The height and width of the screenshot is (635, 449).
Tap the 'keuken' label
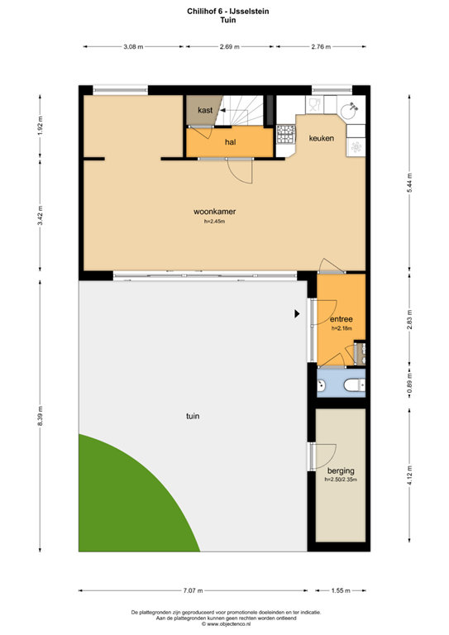(x=322, y=139)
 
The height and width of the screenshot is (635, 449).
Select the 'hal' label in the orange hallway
(x=231, y=141)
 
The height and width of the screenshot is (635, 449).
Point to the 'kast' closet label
(x=205, y=110)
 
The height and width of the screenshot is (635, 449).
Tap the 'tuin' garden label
(x=193, y=416)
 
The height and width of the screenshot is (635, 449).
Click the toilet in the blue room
(x=351, y=384)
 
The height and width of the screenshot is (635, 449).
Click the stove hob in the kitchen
(x=285, y=132)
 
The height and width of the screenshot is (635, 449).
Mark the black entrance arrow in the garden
(x=295, y=313)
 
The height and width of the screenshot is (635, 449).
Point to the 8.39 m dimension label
(x=40, y=415)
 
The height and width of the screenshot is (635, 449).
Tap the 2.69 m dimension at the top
(x=229, y=47)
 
